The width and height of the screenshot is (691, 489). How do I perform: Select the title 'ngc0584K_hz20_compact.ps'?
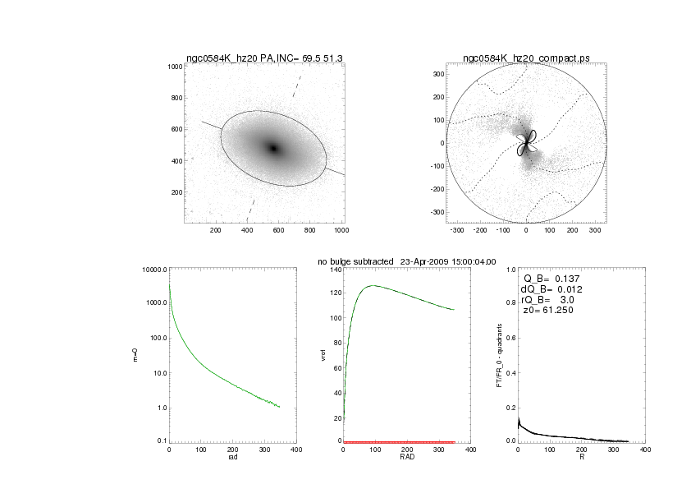(526, 58)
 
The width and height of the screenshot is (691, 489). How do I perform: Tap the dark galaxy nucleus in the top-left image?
(274, 148)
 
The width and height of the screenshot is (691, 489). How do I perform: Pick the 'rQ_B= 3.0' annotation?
(550, 300)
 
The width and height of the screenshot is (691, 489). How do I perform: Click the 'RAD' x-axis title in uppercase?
(407, 457)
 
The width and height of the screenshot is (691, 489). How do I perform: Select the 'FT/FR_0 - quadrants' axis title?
(499, 356)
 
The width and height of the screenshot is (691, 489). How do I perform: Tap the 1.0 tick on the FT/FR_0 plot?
(510, 270)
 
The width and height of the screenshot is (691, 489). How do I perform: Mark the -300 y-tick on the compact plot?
(437, 212)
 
